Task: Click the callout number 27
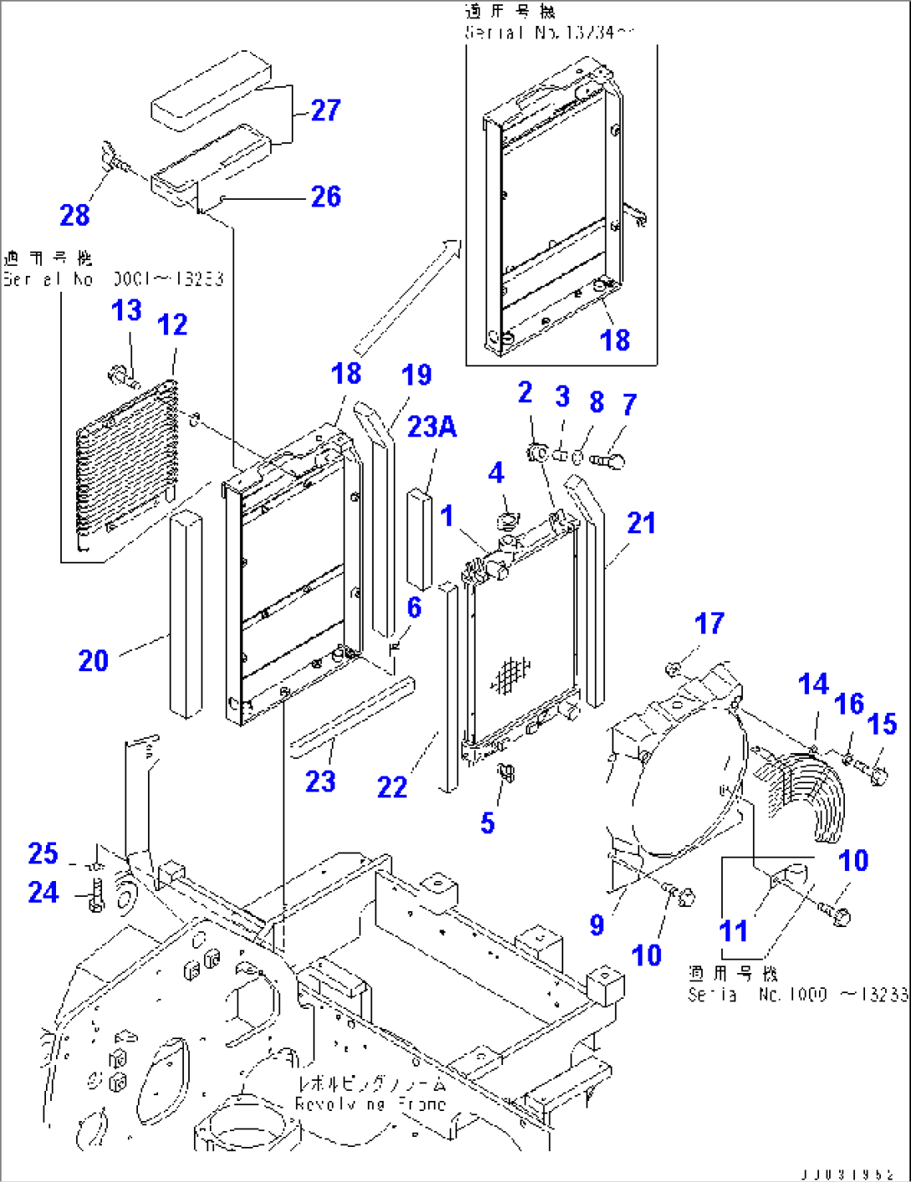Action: (x=325, y=110)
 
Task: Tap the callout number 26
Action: (x=325, y=197)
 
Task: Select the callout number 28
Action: (x=74, y=216)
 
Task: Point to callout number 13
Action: (x=126, y=311)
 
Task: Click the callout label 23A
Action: (x=431, y=427)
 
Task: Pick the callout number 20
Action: (x=94, y=661)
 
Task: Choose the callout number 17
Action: (x=709, y=624)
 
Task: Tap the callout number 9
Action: (x=597, y=925)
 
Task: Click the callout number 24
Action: (x=43, y=893)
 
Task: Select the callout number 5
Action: (x=487, y=823)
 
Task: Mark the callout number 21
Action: (x=641, y=523)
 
